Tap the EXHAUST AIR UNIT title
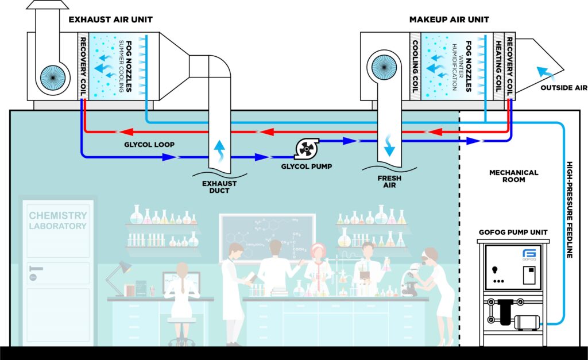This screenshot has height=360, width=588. [x=111, y=20]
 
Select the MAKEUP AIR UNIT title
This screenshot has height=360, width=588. [x=449, y=20]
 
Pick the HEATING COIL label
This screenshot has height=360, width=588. [x=498, y=63]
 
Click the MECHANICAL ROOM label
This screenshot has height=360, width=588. [x=513, y=176]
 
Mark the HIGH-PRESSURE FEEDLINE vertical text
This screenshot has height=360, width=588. [x=570, y=207]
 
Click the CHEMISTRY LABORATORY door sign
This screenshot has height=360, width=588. [x=58, y=220]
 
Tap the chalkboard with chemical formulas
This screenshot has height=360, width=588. [x=267, y=236]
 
